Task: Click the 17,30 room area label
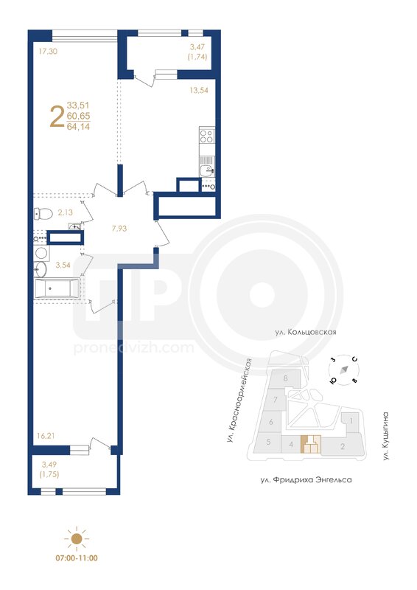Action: [48, 51]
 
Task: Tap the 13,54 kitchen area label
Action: [199, 90]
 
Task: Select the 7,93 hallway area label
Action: [119, 228]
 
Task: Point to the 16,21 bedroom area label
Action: [46, 436]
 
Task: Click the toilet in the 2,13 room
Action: [43, 214]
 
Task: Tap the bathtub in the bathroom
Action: [57, 288]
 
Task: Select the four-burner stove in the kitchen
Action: [207, 136]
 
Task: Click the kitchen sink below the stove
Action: [207, 170]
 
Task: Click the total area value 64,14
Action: [78, 127]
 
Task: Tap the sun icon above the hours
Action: [77, 539]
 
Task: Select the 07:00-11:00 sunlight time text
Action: [77, 558]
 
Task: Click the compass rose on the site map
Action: [343, 370]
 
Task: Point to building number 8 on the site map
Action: [286, 378]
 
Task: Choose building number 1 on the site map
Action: [351, 420]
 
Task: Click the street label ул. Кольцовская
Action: [305, 333]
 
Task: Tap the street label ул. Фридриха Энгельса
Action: [306, 480]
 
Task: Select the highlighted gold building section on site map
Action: [311, 445]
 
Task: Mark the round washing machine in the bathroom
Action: [41, 253]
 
